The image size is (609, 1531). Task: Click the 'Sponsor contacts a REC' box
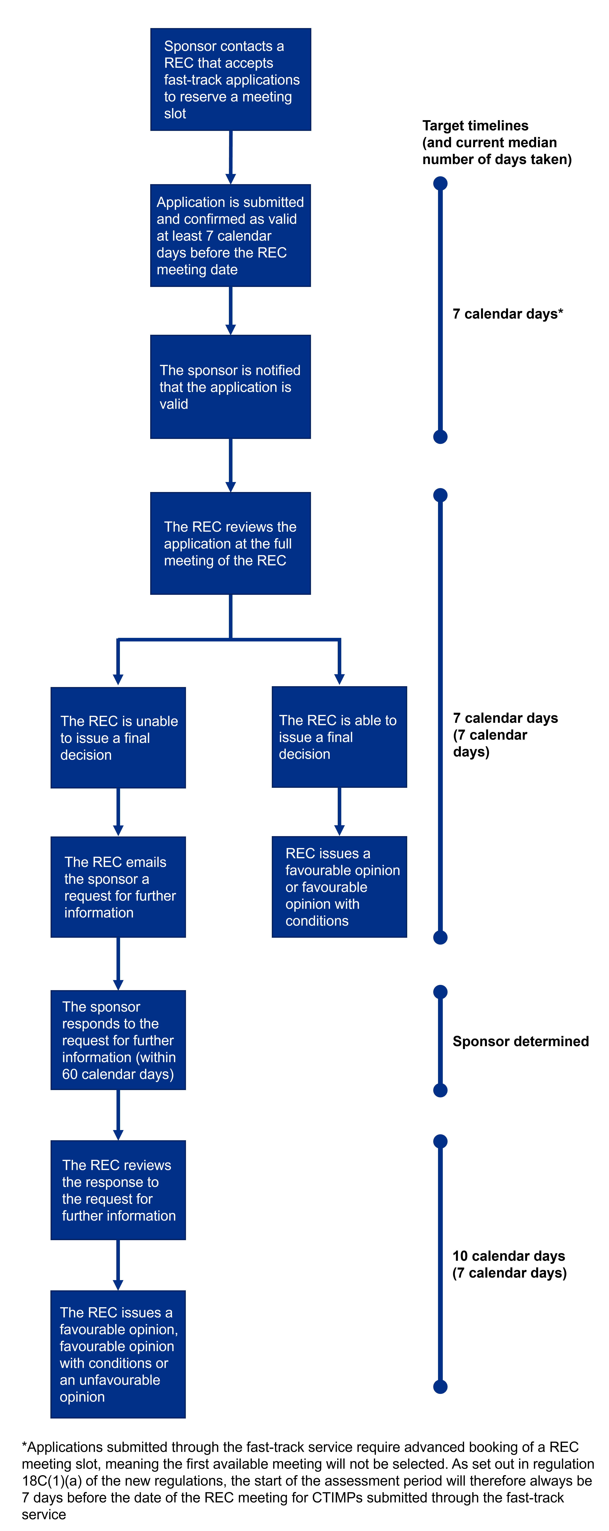pyautogui.click(x=231, y=80)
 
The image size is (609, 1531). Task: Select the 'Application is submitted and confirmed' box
pyautogui.click(x=231, y=236)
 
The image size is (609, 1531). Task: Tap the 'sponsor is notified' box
pyautogui.click(x=231, y=387)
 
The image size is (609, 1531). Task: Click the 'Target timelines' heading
pyautogui.click(x=497, y=143)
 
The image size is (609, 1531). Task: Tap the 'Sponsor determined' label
pyautogui.click(x=520, y=1041)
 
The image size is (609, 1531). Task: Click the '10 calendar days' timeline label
pyautogui.click(x=509, y=1264)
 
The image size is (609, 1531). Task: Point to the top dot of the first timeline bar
pyautogui.click(x=440, y=183)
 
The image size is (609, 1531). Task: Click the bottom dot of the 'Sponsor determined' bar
pyautogui.click(x=440, y=1090)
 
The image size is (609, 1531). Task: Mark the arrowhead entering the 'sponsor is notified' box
pyautogui.click(x=231, y=330)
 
